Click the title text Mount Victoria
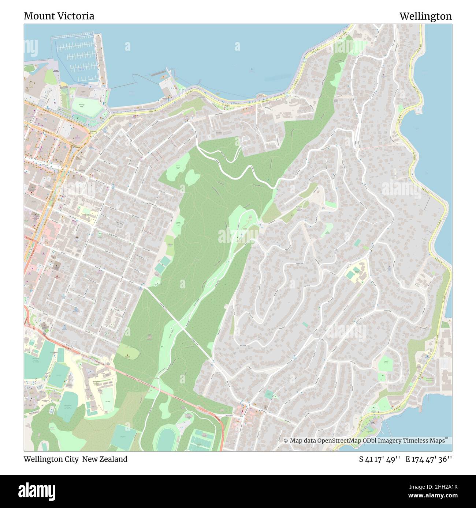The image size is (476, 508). [59, 16]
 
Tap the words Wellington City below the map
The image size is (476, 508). [51, 459]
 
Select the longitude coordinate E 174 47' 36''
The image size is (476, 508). [428, 459]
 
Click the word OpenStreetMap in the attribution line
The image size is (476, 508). [339, 441]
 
